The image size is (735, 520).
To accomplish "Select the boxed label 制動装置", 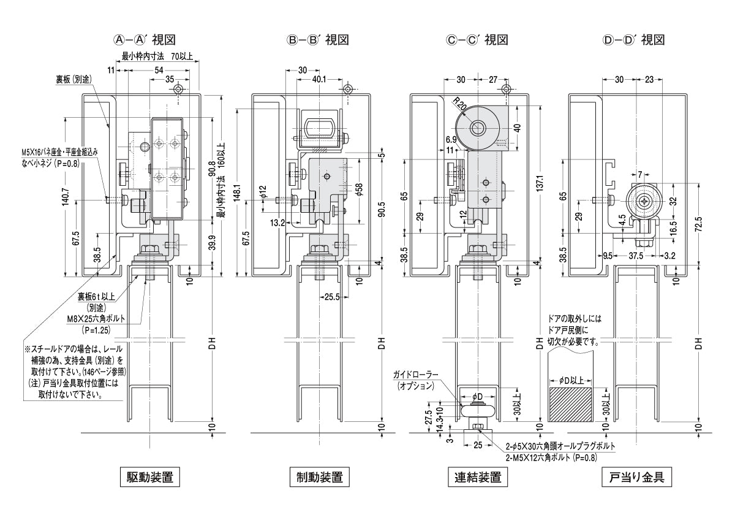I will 315,476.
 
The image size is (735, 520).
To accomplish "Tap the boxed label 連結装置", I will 478,476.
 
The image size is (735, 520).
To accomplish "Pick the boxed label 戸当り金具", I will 637,476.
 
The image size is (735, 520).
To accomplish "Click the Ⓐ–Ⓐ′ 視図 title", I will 145,40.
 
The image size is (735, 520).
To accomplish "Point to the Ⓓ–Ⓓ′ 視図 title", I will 633,40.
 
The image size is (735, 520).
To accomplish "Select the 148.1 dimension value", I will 236,193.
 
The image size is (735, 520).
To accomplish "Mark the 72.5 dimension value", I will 698,224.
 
